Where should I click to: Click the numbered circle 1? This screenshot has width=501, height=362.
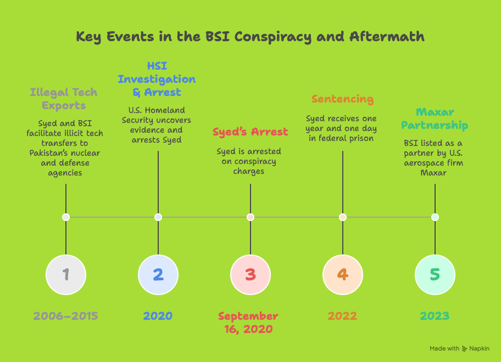(x=66, y=275)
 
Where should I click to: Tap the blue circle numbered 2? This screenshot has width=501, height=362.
(x=158, y=275)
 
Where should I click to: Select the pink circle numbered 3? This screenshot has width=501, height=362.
(x=250, y=275)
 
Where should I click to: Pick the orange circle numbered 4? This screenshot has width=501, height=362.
(x=343, y=275)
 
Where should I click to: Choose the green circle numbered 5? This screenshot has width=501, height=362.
(x=435, y=275)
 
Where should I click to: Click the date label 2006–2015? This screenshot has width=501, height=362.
(x=66, y=316)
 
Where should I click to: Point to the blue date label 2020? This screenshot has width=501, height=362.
(x=158, y=316)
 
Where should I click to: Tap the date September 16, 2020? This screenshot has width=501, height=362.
(x=248, y=323)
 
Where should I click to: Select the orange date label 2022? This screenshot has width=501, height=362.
(x=343, y=316)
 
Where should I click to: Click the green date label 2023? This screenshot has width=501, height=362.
(x=435, y=316)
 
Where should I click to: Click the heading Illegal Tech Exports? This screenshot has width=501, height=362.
(x=64, y=99)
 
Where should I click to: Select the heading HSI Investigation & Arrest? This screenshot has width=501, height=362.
(x=157, y=79)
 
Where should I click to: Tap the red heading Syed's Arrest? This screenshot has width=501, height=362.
(x=250, y=132)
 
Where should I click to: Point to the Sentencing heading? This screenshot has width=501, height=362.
(x=343, y=99)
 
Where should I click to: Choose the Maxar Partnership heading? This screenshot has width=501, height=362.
(x=435, y=118)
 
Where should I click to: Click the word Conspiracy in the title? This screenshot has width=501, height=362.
(x=273, y=37)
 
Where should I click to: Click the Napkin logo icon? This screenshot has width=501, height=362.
(x=464, y=349)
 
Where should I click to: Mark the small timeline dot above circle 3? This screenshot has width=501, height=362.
(x=250, y=217)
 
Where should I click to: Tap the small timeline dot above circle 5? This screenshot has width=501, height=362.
(x=435, y=217)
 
